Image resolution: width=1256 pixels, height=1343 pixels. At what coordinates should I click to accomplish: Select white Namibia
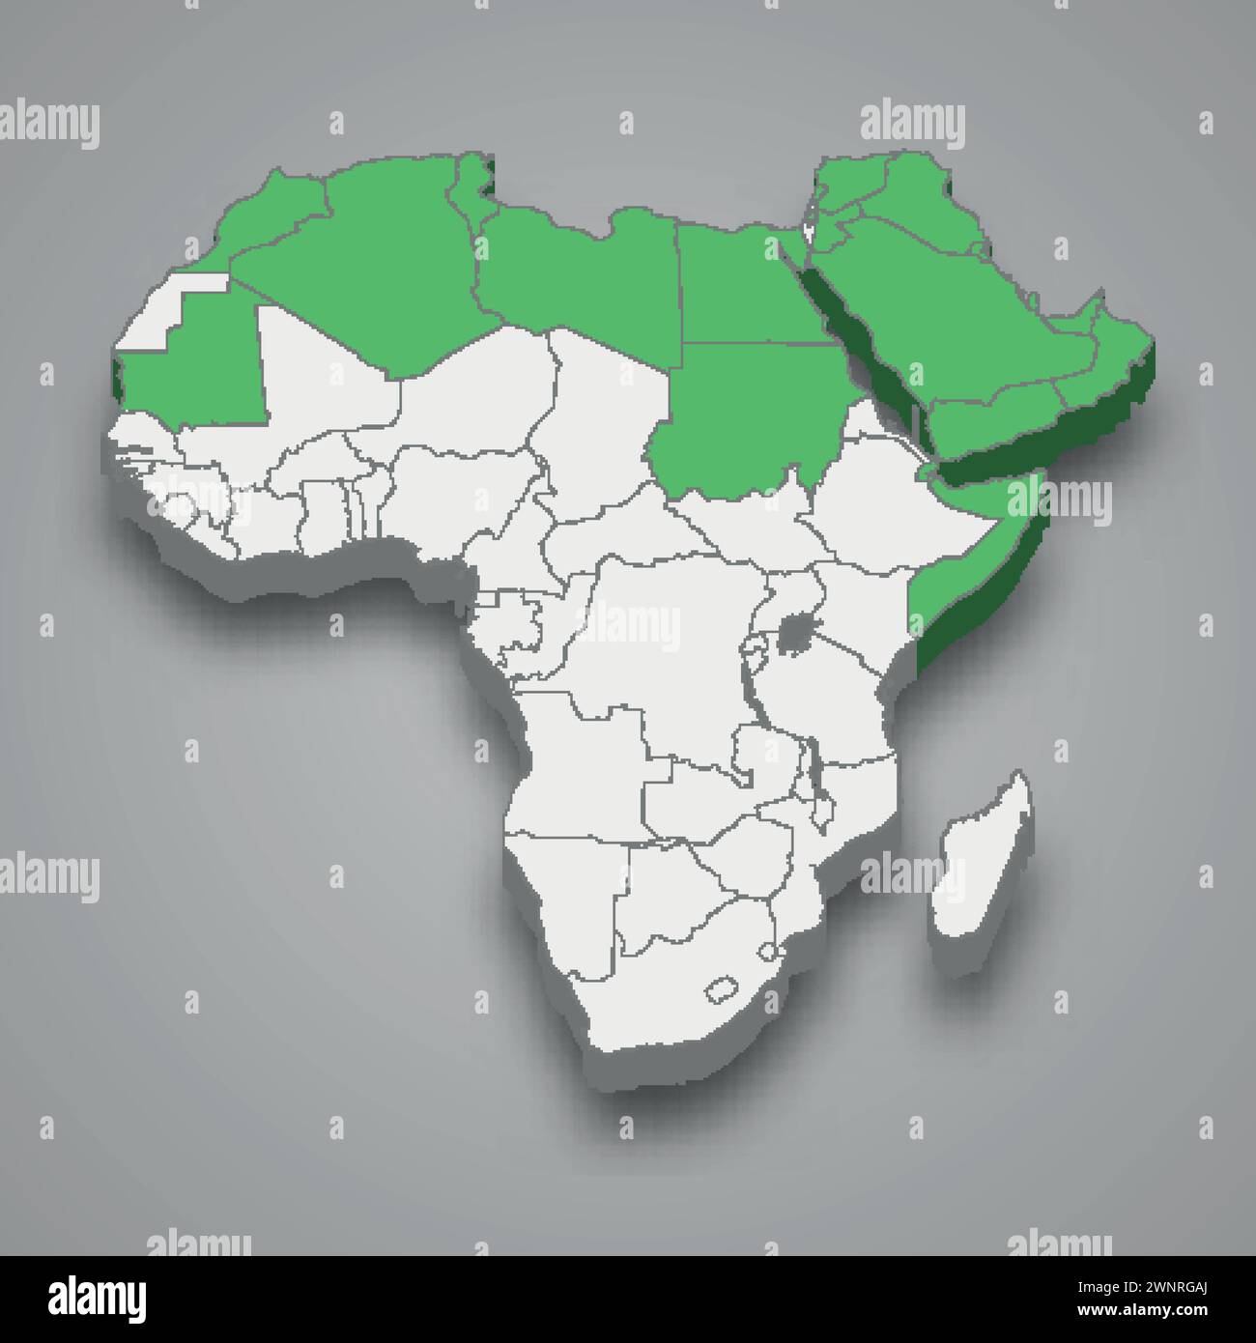coord(560,889)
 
